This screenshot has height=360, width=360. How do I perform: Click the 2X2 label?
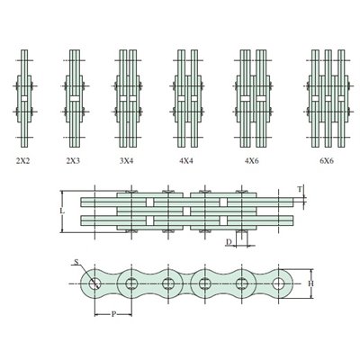click(x=23, y=161)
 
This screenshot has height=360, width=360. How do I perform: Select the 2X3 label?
click(x=73, y=161)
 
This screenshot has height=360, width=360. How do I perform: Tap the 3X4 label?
click(x=126, y=161)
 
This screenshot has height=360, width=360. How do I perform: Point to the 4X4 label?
click(x=186, y=161)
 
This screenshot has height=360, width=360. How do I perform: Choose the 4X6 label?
click(x=252, y=161)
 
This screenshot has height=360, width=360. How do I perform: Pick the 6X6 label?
click(x=327, y=161)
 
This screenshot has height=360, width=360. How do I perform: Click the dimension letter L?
click(x=62, y=211)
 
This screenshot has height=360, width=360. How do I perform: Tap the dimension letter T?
click(x=300, y=189)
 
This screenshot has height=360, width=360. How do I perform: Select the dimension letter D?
click(x=229, y=242)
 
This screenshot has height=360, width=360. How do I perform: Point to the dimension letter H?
click(x=311, y=283)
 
